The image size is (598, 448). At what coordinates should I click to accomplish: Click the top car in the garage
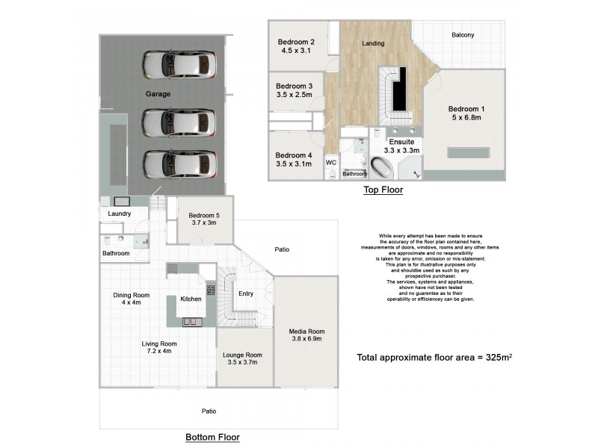tap(179, 64)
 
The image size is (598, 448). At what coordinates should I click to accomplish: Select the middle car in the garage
tap(179, 121)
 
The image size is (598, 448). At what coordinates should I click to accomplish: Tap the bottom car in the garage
tap(179, 162)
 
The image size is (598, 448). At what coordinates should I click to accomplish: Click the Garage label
tap(158, 95)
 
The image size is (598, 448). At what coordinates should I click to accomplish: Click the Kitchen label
tap(191, 299)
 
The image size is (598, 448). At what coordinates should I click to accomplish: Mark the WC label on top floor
tap(330, 161)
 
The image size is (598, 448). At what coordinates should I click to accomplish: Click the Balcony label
tap(463, 35)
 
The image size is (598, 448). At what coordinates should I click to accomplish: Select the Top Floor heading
tap(383, 190)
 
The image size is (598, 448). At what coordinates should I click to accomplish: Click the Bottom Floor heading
tap(212, 437)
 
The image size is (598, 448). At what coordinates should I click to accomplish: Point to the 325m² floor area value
tap(497, 358)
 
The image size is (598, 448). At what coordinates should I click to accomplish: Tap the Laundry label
tap(120, 214)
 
